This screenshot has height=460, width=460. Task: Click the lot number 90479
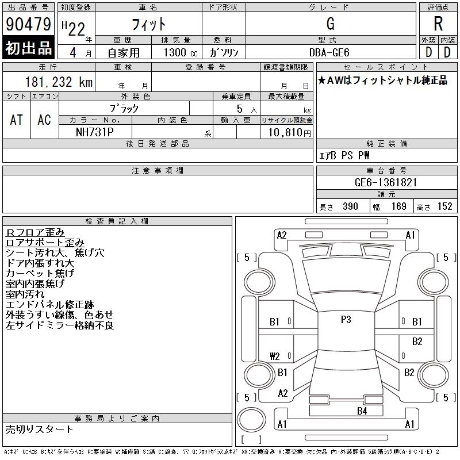28,24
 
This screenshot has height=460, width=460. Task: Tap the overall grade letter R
438,24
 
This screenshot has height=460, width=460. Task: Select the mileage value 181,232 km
59,82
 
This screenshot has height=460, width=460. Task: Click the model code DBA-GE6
329,52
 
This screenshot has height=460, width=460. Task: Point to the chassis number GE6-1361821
386,182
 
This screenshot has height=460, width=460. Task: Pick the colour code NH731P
95,132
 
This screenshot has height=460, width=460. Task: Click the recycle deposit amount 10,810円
289,133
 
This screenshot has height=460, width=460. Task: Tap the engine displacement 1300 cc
181,52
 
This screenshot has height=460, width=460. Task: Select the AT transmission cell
17,120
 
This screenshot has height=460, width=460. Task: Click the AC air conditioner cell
44,120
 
